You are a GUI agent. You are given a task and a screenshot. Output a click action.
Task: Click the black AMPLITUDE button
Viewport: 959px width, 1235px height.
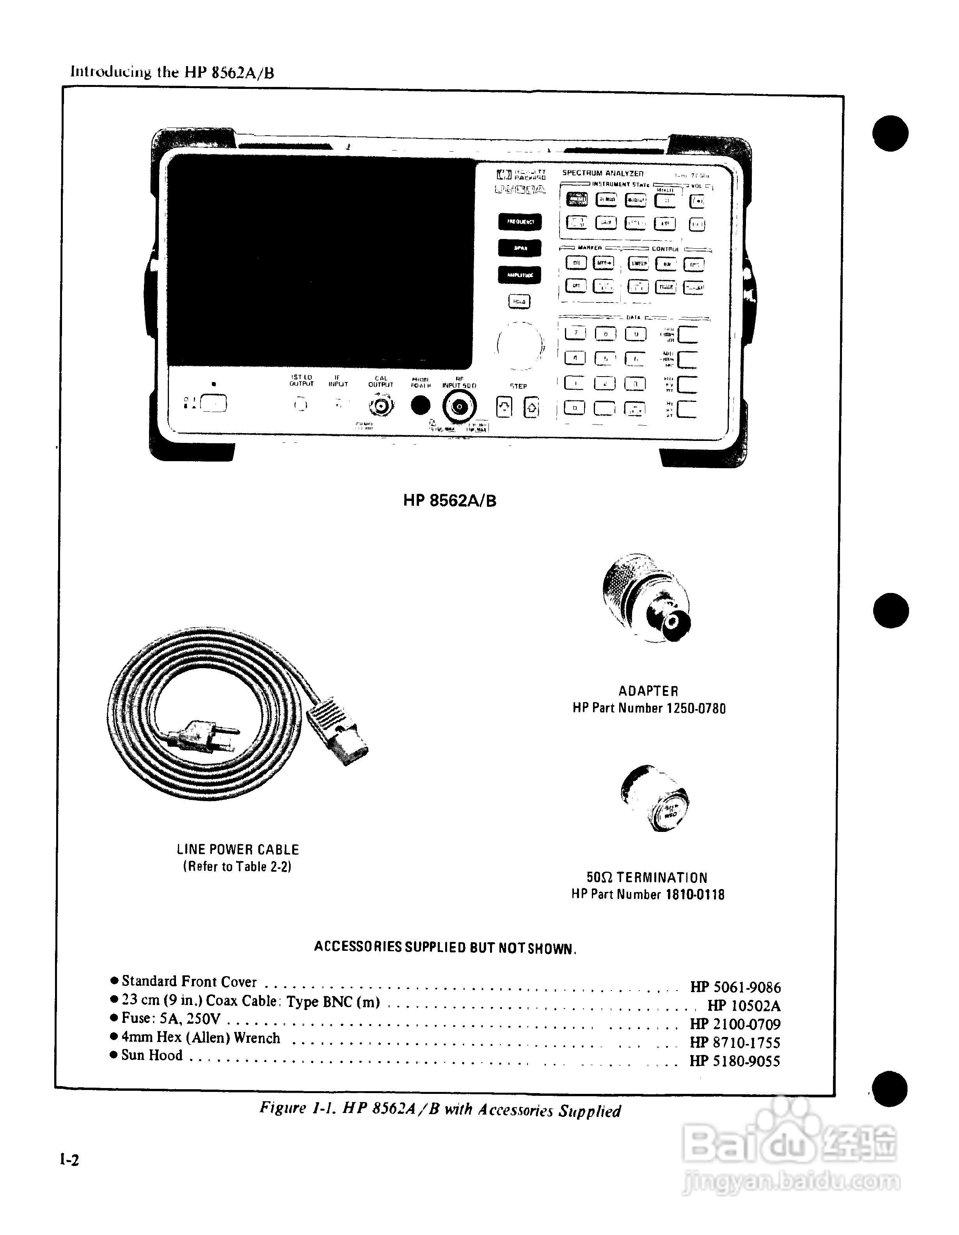(519, 275)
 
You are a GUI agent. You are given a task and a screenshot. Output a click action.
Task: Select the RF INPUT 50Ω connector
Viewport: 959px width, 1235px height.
(459, 406)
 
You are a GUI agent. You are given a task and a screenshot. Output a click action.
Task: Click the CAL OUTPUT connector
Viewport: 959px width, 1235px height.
(381, 406)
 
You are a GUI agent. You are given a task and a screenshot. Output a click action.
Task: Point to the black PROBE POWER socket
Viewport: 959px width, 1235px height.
(420, 405)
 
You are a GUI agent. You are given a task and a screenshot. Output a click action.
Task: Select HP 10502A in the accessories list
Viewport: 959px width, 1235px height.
(743, 1005)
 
